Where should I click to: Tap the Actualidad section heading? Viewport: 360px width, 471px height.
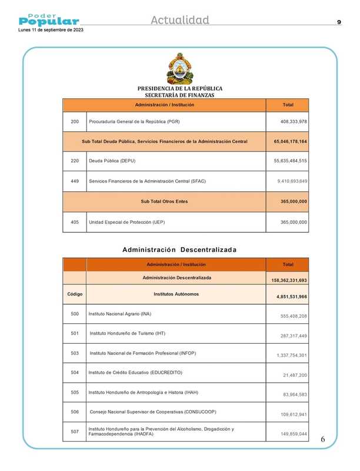click(180, 21)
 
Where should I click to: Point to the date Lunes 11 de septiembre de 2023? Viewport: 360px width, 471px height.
click(51, 30)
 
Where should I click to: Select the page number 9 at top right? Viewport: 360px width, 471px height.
click(339, 22)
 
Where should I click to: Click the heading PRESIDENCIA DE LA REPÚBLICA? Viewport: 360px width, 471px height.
click(179, 88)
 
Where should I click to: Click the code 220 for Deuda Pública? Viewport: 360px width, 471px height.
click(75, 161)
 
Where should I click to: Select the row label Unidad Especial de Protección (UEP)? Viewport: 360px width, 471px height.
click(126, 223)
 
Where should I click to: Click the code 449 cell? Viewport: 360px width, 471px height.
click(75, 180)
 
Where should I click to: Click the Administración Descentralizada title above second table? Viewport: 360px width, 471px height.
click(179, 250)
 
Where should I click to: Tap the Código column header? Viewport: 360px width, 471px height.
click(75, 293)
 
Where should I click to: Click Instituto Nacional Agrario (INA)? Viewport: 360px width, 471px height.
click(120, 314)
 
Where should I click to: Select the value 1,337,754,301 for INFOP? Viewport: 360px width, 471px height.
click(292, 356)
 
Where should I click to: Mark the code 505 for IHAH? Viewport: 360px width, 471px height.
click(75, 392)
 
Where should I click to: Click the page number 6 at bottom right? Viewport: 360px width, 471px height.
click(322, 440)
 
